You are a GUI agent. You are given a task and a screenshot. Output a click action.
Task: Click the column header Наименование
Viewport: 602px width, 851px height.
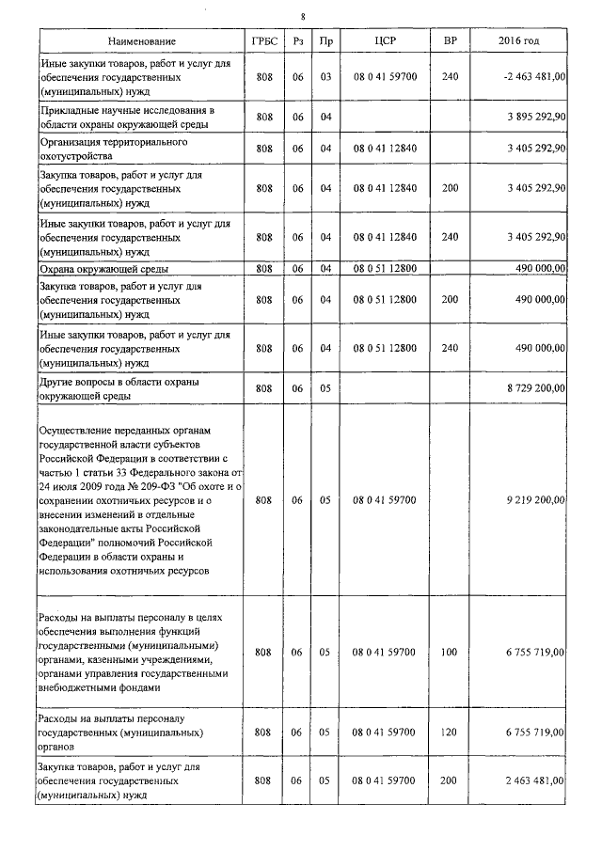pyautogui.click(x=141, y=42)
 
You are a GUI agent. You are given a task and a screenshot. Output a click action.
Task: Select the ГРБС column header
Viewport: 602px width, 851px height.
pyautogui.click(x=262, y=42)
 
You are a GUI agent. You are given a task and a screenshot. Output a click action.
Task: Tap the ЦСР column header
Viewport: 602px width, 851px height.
pyautogui.click(x=385, y=42)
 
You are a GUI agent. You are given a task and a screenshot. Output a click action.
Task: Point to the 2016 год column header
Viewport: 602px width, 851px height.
pyautogui.click(x=518, y=42)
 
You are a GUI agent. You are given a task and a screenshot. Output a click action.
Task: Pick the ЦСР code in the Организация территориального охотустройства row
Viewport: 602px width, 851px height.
pyautogui.click(x=385, y=148)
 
